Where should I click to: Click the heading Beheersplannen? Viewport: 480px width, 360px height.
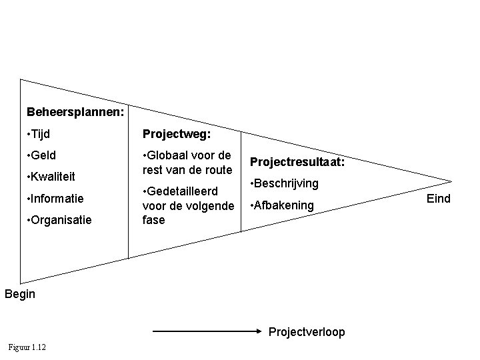pyautogui.click(x=75, y=111)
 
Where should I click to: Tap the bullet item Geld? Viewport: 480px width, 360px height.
pyautogui.click(x=41, y=155)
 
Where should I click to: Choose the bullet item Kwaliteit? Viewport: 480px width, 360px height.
pyautogui.click(x=50, y=177)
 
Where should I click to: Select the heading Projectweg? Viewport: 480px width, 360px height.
pyautogui.click(x=177, y=134)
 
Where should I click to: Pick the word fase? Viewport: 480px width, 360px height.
pyautogui.click(x=154, y=220)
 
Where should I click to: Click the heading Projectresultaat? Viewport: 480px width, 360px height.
pyautogui.click(x=297, y=162)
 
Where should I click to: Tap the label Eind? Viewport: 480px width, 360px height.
pyautogui.click(x=439, y=198)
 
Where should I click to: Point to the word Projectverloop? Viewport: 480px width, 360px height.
pyautogui.click(x=307, y=331)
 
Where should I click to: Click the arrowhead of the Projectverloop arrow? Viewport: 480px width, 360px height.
pyautogui.click(x=261, y=329)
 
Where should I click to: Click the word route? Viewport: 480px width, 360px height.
pyautogui.click(x=217, y=170)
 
